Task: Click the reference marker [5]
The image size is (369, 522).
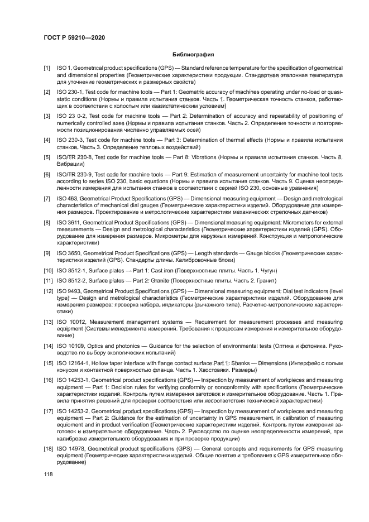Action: pyautogui.click(x=47, y=158)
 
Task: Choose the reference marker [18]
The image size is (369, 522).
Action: pyautogui.click(x=49, y=448)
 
